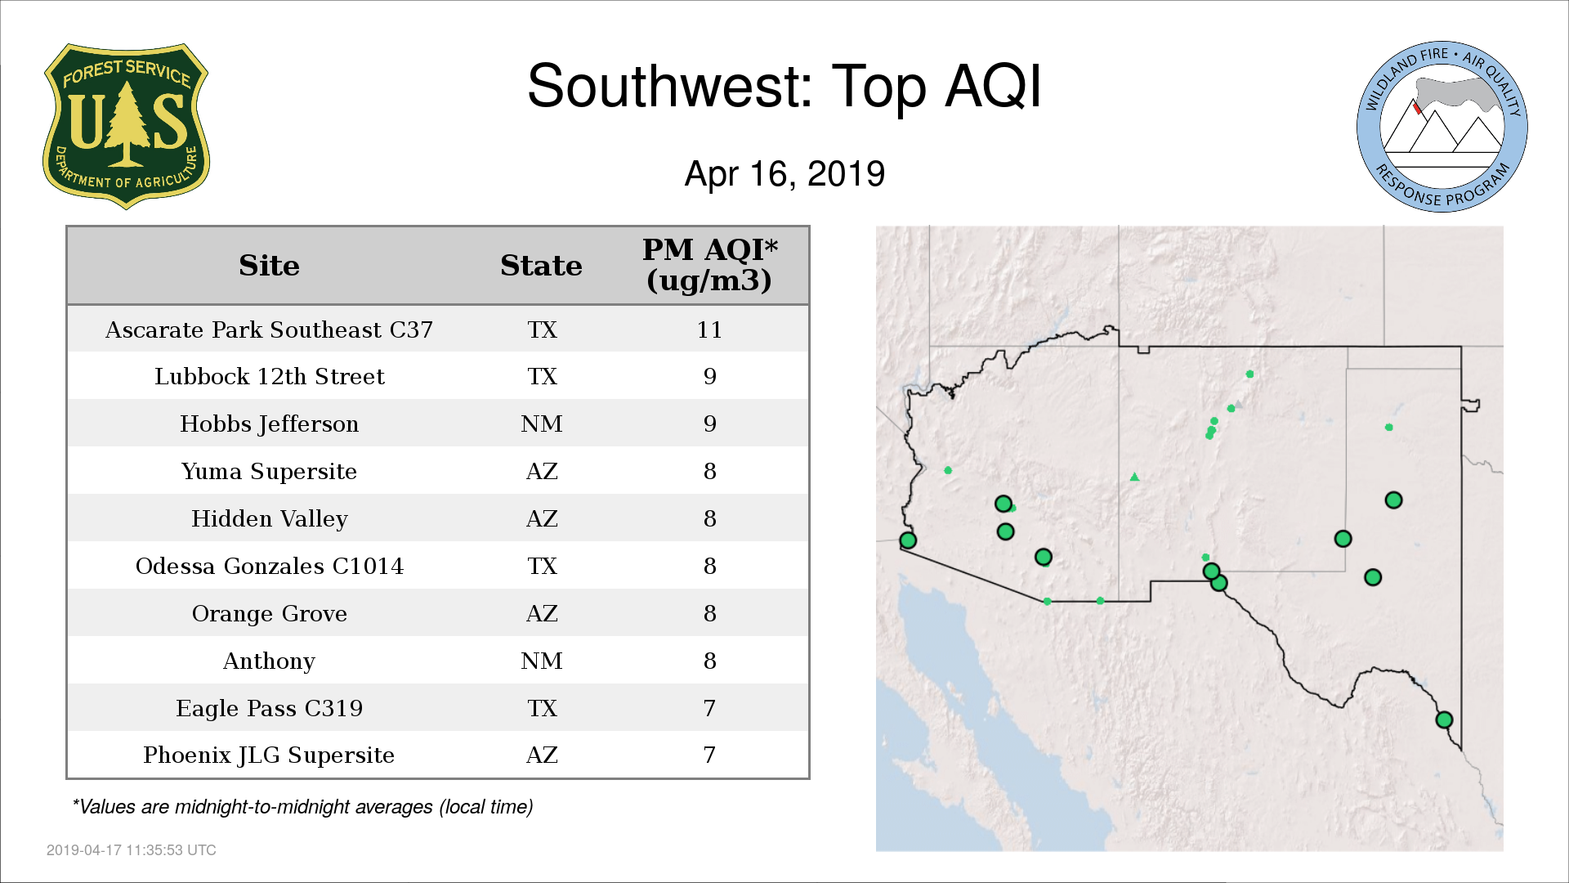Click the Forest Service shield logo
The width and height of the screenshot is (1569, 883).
(126, 127)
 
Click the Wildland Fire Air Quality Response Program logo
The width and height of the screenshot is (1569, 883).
(1442, 127)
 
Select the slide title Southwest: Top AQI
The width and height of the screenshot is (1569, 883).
(784, 86)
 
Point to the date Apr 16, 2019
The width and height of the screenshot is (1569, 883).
(784, 173)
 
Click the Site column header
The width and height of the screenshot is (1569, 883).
(269, 266)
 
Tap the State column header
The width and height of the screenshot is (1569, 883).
(541, 266)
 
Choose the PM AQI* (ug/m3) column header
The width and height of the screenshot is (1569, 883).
(709, 265)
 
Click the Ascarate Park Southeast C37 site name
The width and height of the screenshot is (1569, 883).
(269, 329)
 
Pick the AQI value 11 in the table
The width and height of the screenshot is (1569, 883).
(709, 329)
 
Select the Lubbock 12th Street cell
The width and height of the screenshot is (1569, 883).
(269, 376)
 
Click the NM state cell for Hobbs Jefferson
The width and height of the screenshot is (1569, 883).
(541, 424)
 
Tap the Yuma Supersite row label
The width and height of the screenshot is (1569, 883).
(269, 472)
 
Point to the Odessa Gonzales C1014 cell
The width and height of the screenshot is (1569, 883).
(269, 566)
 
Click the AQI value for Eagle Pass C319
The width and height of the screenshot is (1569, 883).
(709, 708)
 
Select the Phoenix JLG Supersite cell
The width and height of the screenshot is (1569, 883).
(269, 755)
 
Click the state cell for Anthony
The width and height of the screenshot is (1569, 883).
(541, 661)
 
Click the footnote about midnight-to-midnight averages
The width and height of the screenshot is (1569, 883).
(302, 807)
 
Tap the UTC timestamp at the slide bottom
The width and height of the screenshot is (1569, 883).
(132, 850)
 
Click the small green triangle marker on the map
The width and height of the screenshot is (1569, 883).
(1134, 477)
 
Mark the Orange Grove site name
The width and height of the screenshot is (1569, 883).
(269, 613)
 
